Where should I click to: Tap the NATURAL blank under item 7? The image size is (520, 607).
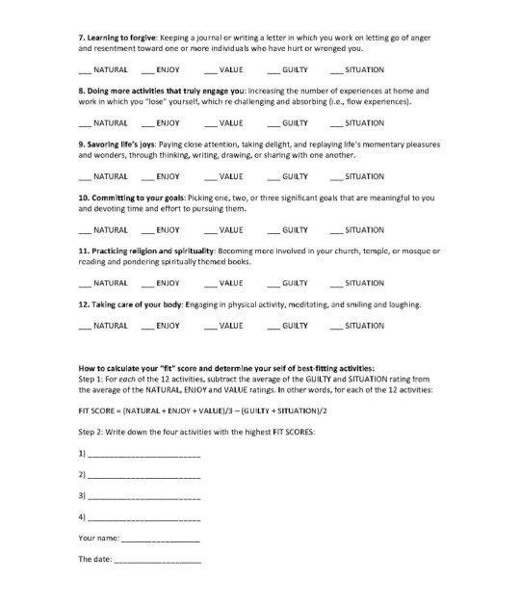[x=85, y=71]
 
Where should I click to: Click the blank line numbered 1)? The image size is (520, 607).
[x=144, y=454]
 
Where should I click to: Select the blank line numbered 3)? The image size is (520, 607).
[x=144, y=498]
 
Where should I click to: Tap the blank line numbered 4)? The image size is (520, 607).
[x=144, y=520]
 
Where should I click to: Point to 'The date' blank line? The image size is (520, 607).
[x=158, y=561]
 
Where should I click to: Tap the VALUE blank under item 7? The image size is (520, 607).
[x=211, y=71]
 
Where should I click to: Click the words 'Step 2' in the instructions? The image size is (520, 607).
[x=91, y=431]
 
